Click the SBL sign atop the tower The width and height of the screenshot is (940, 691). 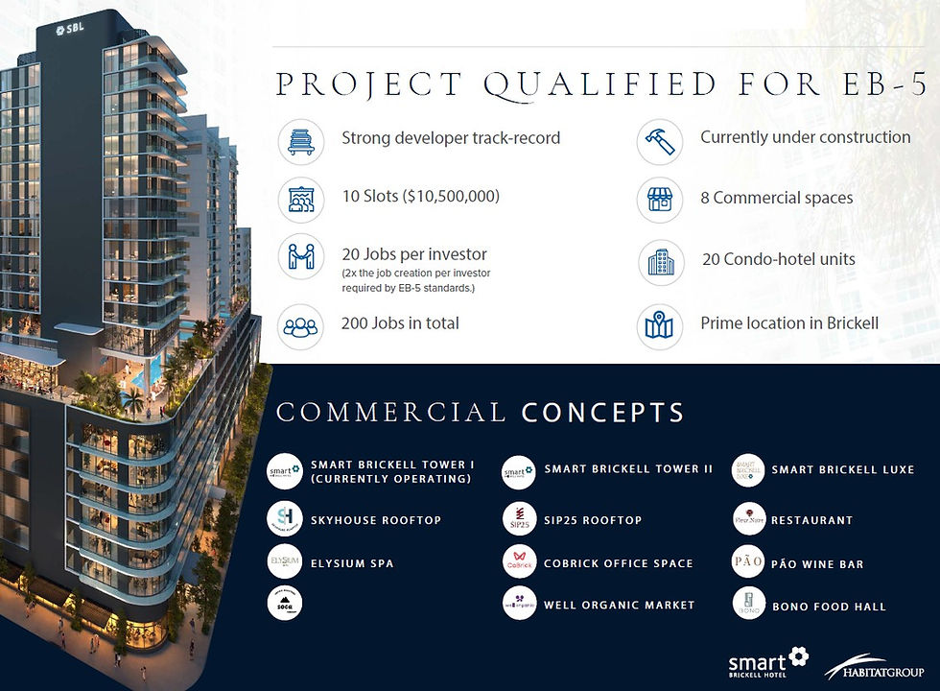(x=70, y=29)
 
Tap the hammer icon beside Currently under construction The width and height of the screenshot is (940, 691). (x=660, y=140)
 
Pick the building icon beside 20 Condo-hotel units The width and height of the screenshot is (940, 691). (x=660, y=260)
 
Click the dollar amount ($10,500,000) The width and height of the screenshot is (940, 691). (x=449, y=198)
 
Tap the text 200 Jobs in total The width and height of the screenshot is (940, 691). (x=400, y=323)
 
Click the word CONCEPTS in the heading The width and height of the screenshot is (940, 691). (x=603, y=414)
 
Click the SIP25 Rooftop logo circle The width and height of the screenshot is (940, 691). (x=518, y=519)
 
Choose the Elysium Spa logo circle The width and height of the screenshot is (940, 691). (x=285, y=561)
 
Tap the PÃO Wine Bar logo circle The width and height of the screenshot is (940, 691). (x=748, y=561)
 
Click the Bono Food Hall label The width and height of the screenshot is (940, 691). (x=829, y=607)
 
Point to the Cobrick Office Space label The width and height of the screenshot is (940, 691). (x=618, y=563)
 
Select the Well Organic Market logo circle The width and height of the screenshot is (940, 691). (x=518, y=604)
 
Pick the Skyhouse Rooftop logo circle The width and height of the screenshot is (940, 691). (x=285, y=519)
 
